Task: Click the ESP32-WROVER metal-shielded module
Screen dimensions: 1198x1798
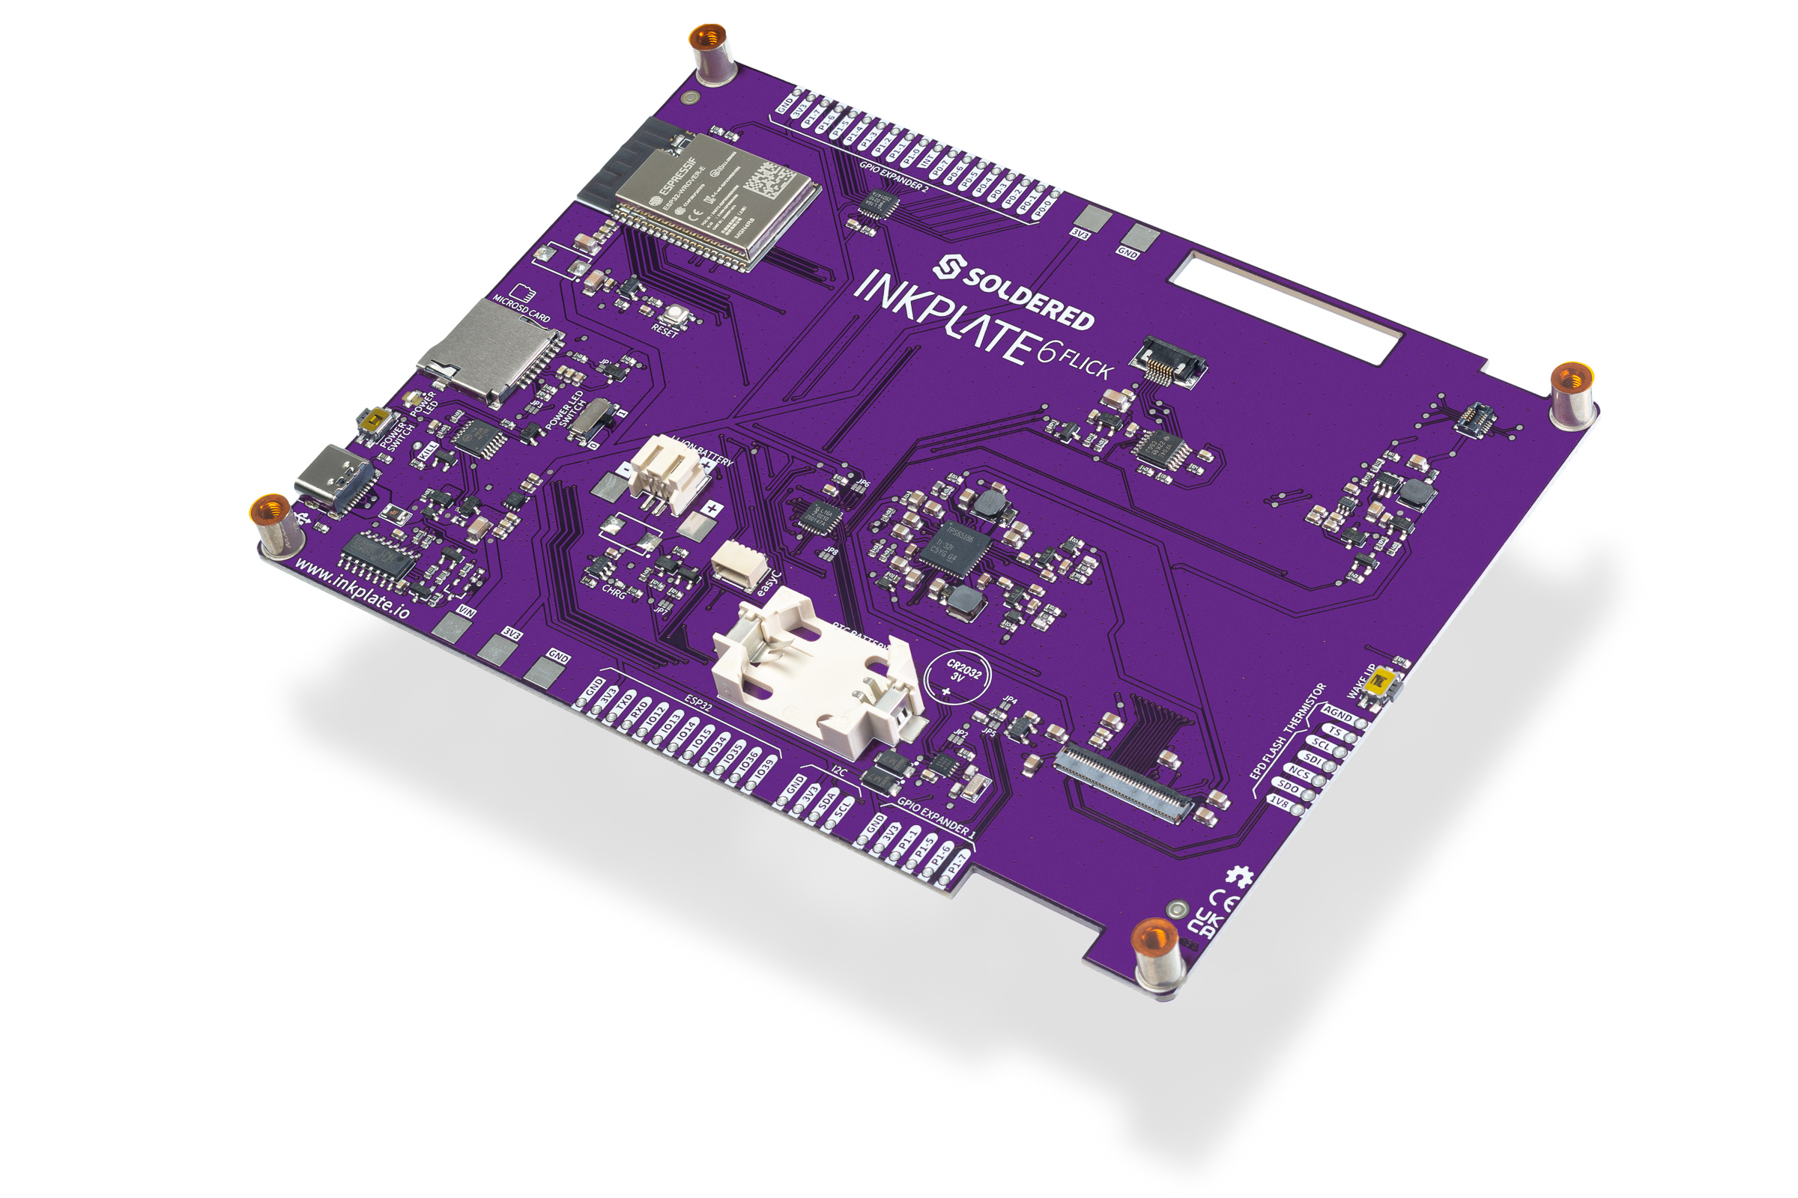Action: coord(718,202)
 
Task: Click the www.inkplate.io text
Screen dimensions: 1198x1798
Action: coord(351,589)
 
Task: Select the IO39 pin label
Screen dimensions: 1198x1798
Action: coord(763,769)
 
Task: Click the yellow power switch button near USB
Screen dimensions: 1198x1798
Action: coord(374,419)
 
